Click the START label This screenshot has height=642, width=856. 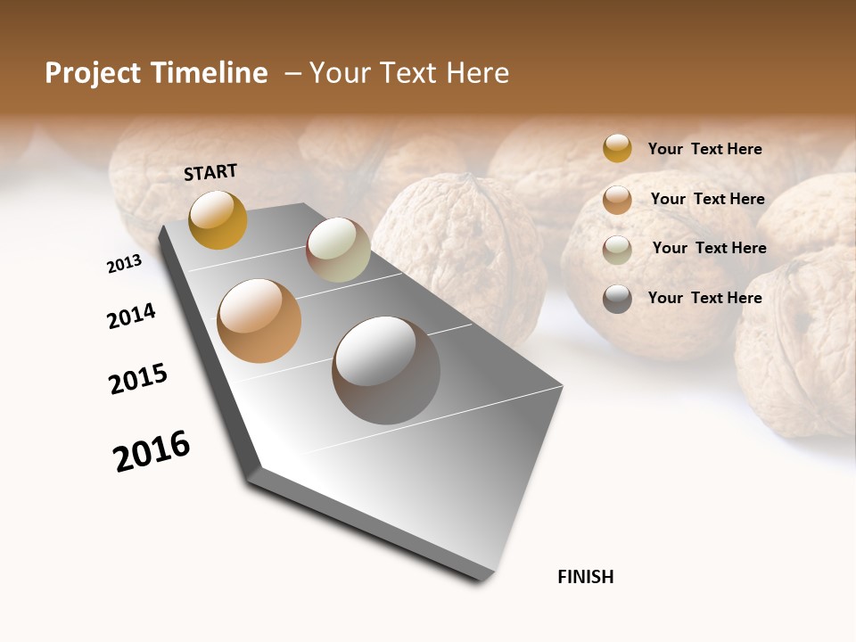click(210, 172)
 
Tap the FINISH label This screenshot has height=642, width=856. click(586, 577)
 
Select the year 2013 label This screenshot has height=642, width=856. click(124, 264)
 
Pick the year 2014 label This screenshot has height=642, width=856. click(131, 316)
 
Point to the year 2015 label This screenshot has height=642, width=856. click(138, 379)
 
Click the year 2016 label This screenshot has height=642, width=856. click(152, 451)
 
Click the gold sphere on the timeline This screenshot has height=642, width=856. click(218, 219)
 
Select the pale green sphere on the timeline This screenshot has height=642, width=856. click(338, 250)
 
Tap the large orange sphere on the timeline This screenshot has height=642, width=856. click(259, 321)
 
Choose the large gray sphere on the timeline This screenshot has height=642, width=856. click(386, 370)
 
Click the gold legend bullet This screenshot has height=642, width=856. click(617, 148)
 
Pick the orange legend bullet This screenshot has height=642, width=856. click(617, 199)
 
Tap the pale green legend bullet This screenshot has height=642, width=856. click(617, 249)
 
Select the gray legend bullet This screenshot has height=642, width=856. click(617, 299)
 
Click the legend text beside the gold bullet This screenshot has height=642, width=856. click(704, 149)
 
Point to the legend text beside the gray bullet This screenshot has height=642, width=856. click(704, 298)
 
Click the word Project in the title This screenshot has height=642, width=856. click(94, 73)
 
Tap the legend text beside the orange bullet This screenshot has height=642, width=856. click(707, 199)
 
